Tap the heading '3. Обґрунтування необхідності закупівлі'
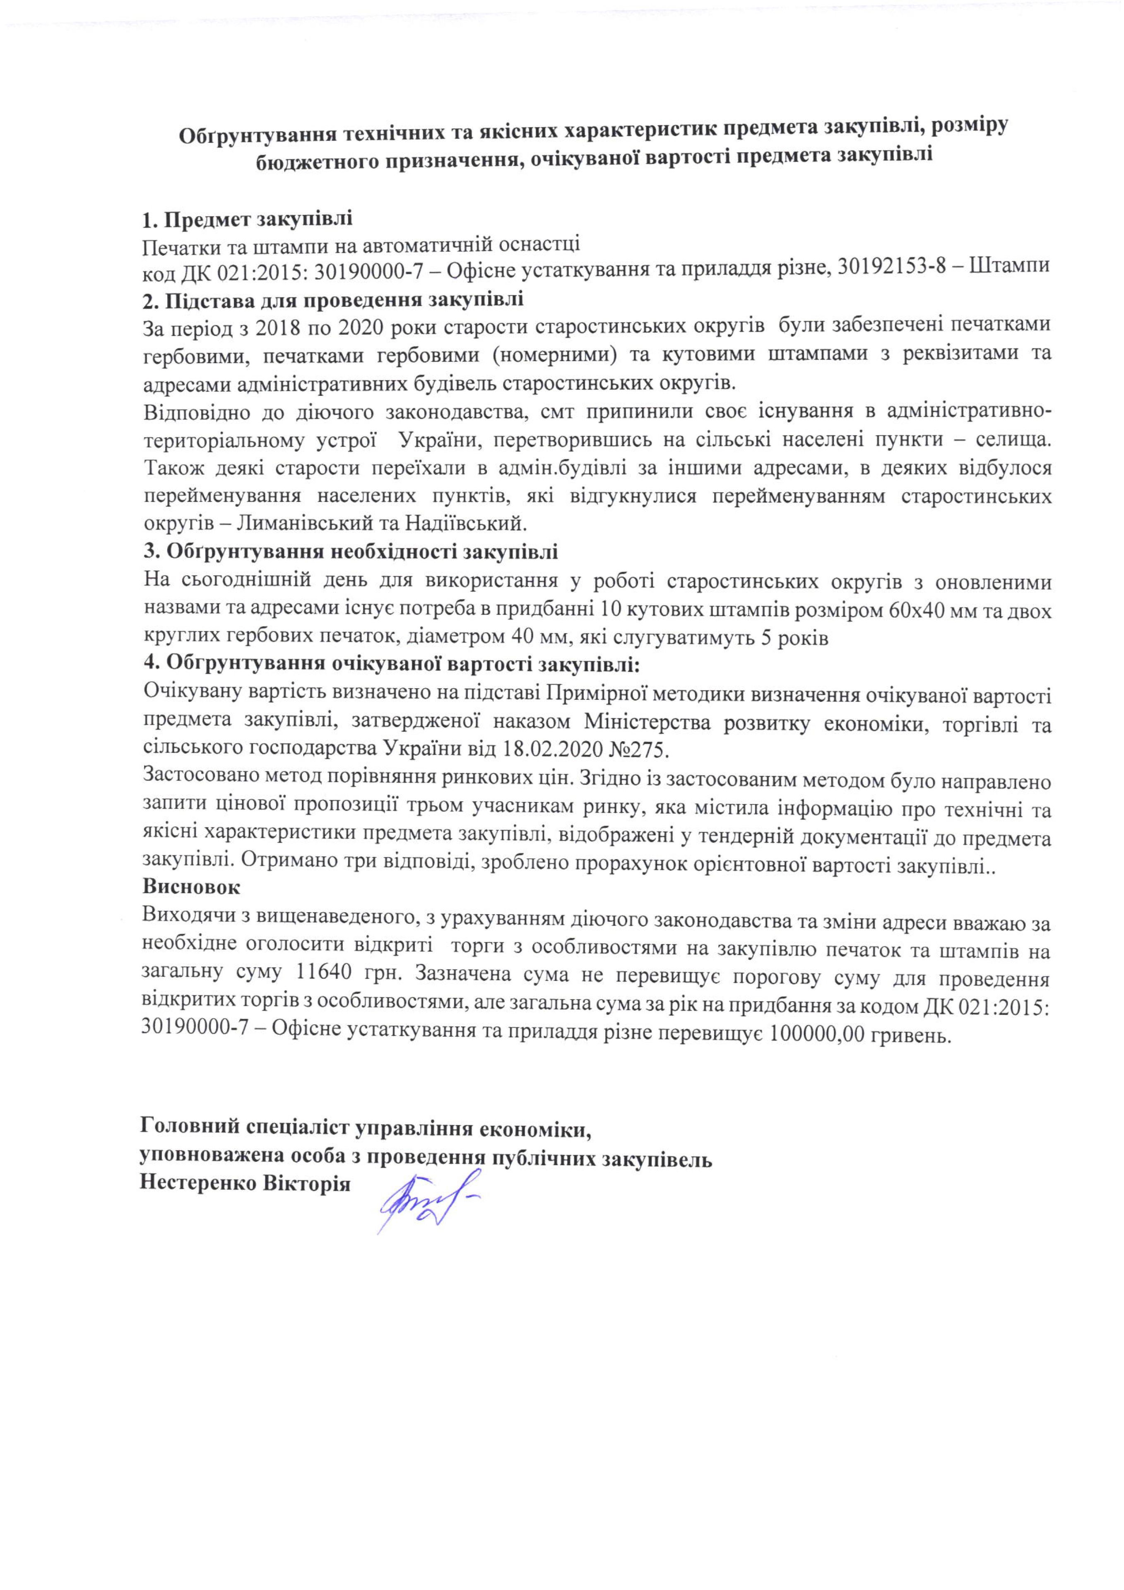[350, 552]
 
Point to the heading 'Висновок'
[191, 887]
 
